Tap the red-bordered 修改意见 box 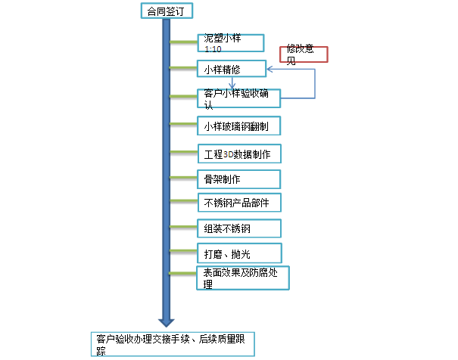[x=303, y=54]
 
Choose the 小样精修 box [x=230, y=69]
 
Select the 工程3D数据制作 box [x=241, y=154]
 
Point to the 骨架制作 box [x=238, y=179]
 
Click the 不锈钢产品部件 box [x=238, y=203]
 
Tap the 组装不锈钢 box [x=238, y=228]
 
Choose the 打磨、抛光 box [x=238, y=252]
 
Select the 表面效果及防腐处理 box [x=242, y=277]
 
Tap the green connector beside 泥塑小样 [x=183, y=42]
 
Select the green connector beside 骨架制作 [x=183, y=178]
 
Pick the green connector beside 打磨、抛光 [x=183, y=251]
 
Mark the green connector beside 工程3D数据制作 [x=183, y=152]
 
